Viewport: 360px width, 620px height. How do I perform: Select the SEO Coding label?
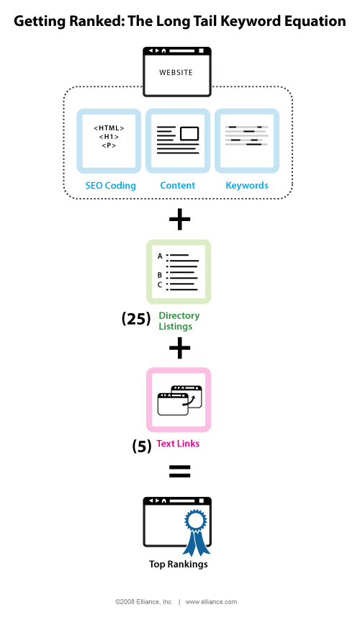110,186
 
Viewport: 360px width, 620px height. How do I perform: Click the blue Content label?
178,186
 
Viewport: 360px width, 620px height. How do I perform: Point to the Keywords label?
247,186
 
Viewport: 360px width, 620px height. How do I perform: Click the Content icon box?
178,140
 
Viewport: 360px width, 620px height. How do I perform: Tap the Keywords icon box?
247,140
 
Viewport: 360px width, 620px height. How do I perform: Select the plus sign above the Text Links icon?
179,349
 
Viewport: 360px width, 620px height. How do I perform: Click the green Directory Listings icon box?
179,271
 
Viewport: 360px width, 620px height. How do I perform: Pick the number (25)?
136,319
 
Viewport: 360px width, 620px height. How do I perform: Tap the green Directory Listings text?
179,321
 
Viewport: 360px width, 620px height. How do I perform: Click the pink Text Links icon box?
179,400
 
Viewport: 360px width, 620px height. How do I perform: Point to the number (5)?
142,446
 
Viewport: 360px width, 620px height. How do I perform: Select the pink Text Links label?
179,444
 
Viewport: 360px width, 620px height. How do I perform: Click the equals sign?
179,472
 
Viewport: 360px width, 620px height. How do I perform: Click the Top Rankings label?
179,565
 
